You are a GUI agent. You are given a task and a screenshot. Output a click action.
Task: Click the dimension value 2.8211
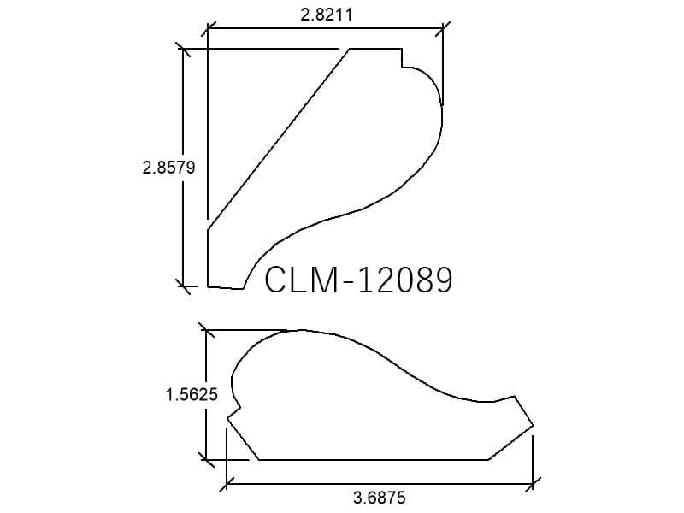tap(327, 15)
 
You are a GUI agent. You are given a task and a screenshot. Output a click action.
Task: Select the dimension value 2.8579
tap(168, 168)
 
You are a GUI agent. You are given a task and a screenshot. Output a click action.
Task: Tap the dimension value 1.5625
tap(192, 395)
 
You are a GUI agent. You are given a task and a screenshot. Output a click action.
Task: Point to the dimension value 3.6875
tap(380, 498)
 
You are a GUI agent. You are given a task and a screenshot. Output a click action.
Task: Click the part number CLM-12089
tap(358, 280)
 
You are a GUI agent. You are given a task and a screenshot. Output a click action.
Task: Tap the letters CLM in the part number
tap(301, 280)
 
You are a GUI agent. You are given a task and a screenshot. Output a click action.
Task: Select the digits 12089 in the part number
tap(405, 280)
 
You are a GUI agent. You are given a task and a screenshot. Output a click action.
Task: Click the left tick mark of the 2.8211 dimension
tap(208, 29)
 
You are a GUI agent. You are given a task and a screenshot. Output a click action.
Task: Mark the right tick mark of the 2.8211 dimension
tap(443, 29)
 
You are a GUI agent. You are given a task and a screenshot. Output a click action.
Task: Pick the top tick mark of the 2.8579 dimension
tap(183, 49)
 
